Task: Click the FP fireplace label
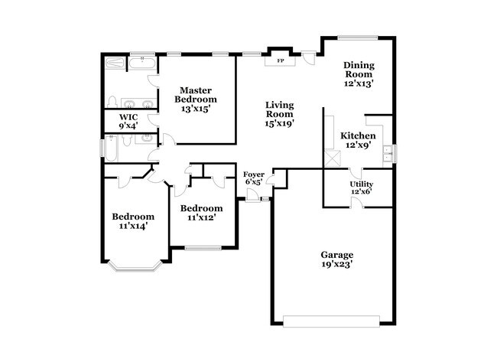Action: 281,60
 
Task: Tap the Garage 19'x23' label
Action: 337,259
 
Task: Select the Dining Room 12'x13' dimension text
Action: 359,83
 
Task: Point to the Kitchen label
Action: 358,135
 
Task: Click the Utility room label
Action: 362,184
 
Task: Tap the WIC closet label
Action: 128,117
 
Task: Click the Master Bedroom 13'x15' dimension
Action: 196,109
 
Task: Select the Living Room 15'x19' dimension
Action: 280,123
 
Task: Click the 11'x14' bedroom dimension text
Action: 133,227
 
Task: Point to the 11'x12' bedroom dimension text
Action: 202,217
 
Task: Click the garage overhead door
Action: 331,321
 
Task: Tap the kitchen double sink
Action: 388,153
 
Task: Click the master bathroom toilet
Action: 112,102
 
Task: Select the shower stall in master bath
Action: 115,62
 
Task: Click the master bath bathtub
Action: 142,63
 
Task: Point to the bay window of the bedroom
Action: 135,267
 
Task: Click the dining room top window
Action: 358,38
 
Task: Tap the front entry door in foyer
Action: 252,195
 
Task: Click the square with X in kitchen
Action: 332,158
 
